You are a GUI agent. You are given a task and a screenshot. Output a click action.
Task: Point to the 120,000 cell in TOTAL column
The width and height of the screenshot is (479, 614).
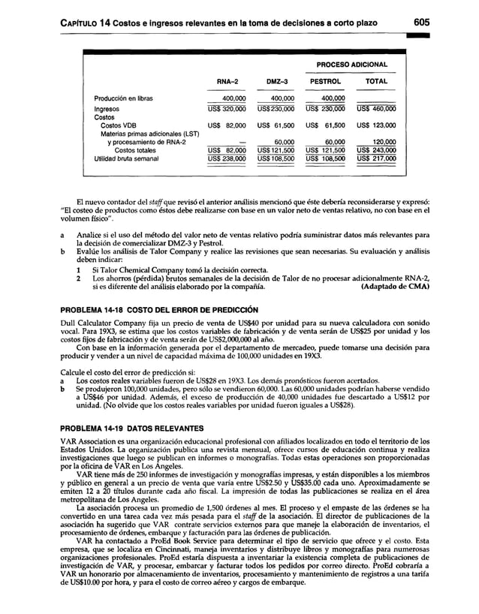(x=384, y=141)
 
